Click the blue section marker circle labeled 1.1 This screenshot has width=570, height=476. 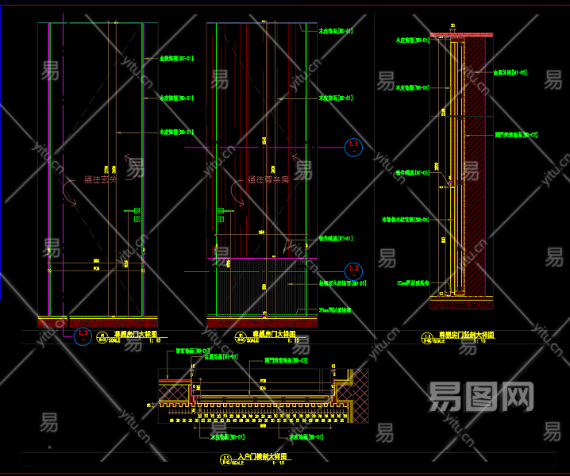coord(354,147)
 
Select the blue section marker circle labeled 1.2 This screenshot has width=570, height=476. coord(354,271)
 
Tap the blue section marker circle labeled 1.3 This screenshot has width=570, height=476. coord(83,336)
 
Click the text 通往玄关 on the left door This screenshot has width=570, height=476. coord(100,180)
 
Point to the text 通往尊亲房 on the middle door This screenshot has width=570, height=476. coord(268,180)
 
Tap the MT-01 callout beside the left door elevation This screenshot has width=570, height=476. coord(176,58)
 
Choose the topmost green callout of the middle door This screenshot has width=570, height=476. coord(335,32)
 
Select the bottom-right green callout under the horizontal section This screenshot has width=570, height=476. coord(305,436)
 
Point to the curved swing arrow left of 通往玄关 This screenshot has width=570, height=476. coord(73,197)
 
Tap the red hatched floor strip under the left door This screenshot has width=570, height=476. coord(95,322)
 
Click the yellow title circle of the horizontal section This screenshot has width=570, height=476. coord(223,459)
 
